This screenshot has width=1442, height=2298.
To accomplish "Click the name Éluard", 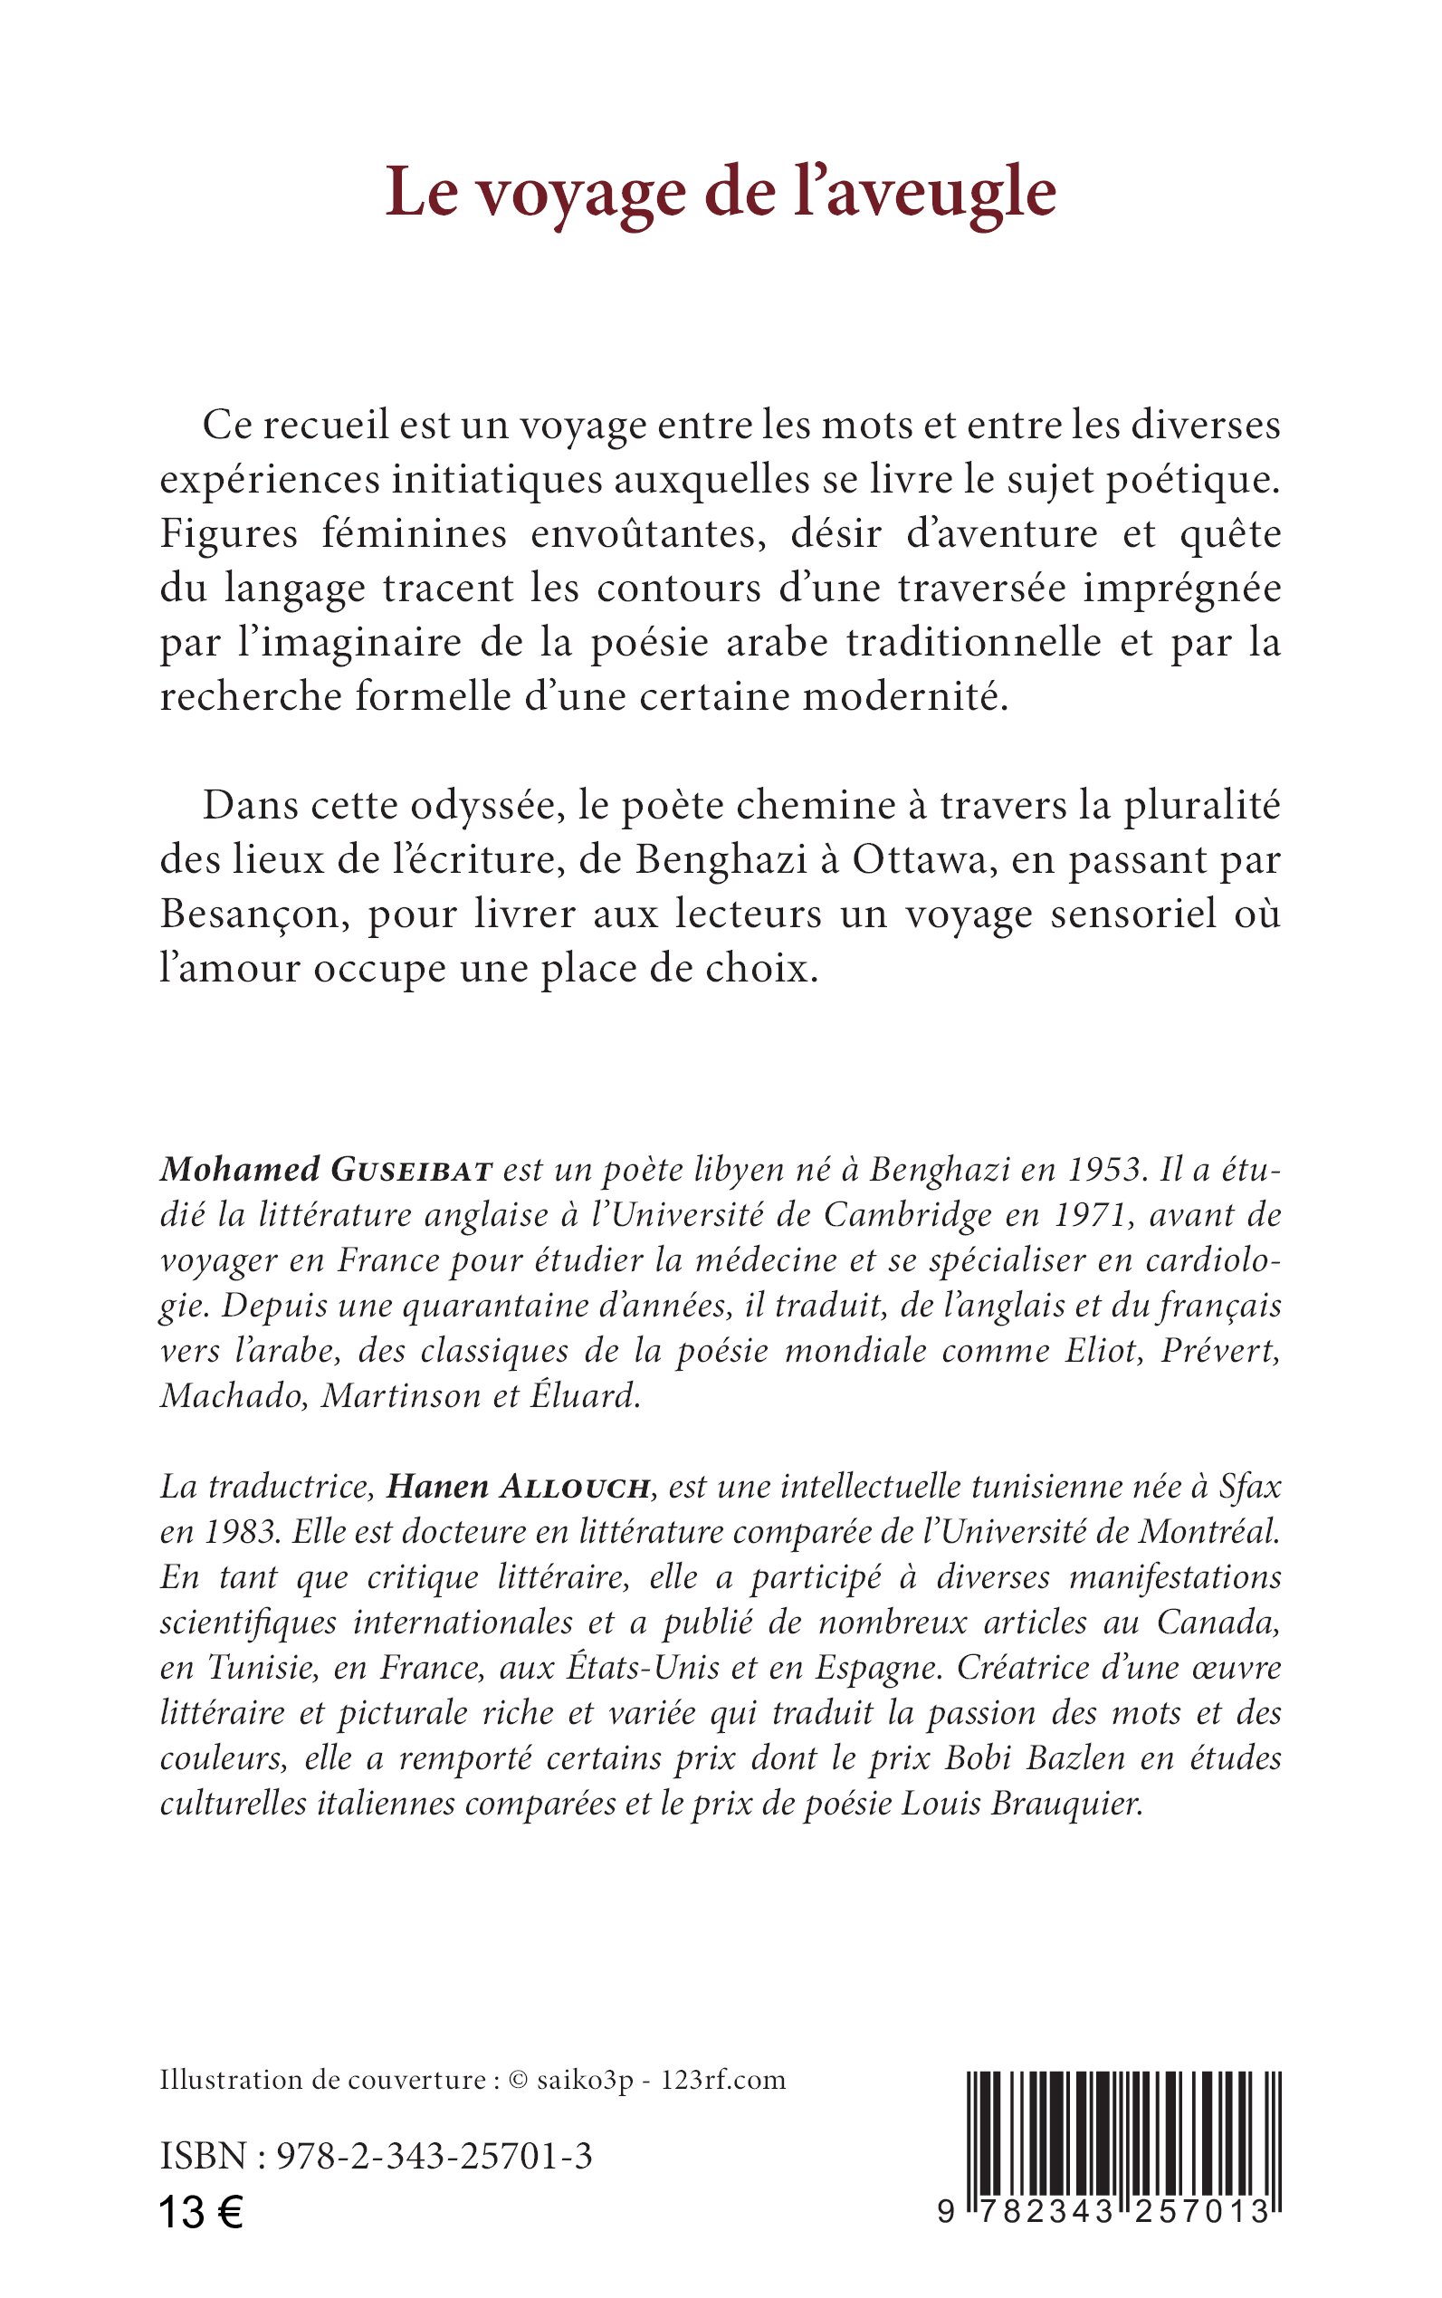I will click(579, 1395).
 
